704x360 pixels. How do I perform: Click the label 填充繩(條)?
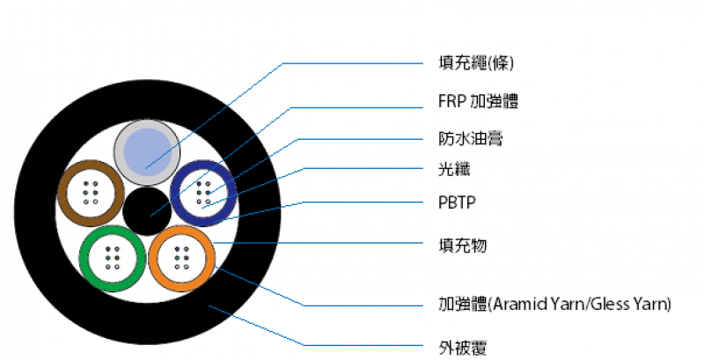coord(476,63)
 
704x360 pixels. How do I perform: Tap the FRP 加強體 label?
coord(478,101)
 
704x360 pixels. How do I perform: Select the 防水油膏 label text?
coord(471,139)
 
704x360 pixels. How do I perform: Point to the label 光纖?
coord(454,169)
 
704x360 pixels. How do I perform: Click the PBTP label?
coord(457,203)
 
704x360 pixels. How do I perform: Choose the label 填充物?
coord(463,245)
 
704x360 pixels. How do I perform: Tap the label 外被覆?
coord(463,348)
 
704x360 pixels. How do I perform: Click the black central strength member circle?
coord(147,211)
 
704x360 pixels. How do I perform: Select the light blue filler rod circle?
coord(147,152)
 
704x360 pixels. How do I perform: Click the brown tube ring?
coord(62,194)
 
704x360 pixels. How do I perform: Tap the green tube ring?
coord(84,259)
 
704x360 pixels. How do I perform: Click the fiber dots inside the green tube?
coord(113,258)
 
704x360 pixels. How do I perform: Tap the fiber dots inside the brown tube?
coord(91,193)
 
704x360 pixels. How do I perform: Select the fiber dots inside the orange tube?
coord(182,258)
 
